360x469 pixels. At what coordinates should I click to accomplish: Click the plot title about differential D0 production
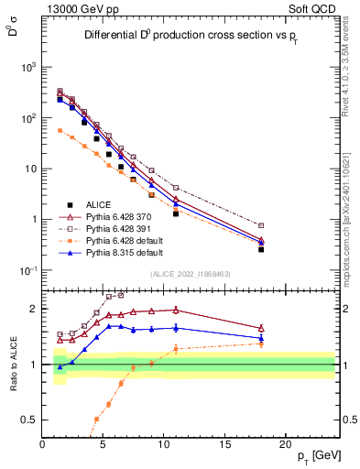pyautogui.click(x=193, y=37)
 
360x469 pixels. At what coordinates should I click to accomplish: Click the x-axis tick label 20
pyautogui.click(x=287, y=444)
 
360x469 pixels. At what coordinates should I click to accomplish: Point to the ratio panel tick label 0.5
pyautogui.click(x=29, y=420)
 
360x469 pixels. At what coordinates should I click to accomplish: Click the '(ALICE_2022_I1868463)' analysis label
pyautogui.click(x=191, y=275)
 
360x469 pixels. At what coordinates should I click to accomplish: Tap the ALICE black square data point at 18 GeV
pyautogui.click(x=261, y=249)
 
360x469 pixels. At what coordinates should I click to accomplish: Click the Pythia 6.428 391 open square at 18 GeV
pyautogui.click(x=261, y=225)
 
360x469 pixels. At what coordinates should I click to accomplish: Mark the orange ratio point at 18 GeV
pyautogui.click(x=261, y=344)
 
